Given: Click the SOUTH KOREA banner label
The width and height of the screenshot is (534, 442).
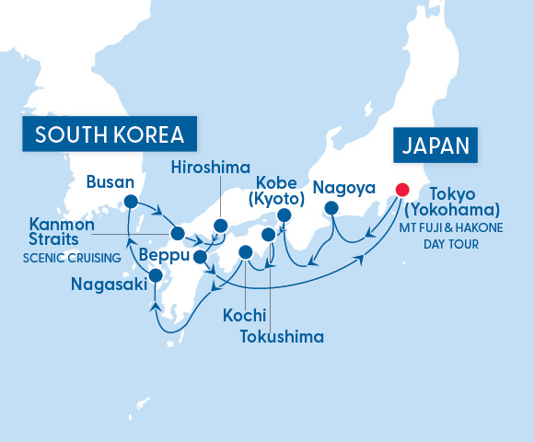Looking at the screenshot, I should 110,135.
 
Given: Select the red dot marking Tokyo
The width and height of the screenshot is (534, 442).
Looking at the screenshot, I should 401,190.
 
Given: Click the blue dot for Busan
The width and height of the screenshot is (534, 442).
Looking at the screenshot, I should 130,201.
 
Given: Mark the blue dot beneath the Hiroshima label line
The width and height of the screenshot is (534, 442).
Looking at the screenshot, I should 220,226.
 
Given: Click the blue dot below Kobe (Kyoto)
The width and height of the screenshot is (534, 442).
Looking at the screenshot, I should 284,216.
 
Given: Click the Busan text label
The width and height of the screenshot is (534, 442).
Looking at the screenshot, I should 110,182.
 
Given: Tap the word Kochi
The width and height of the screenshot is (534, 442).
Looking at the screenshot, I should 244,316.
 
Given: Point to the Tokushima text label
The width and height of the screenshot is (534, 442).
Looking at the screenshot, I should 282,336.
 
